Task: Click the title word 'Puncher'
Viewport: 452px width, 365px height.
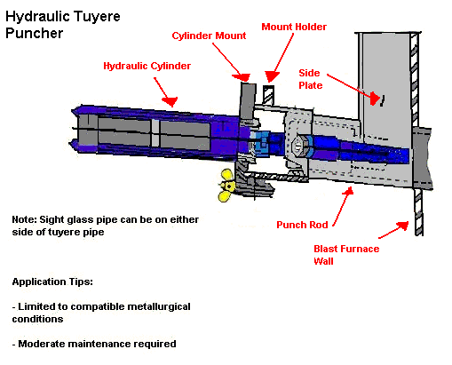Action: [33, 34]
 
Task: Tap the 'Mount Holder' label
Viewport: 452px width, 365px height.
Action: [294, 27]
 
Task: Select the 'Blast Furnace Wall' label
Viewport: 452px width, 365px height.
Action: [346, 254]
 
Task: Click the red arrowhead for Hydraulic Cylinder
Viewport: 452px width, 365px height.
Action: [169, 99]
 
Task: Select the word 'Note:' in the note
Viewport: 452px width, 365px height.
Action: [24, 218]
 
